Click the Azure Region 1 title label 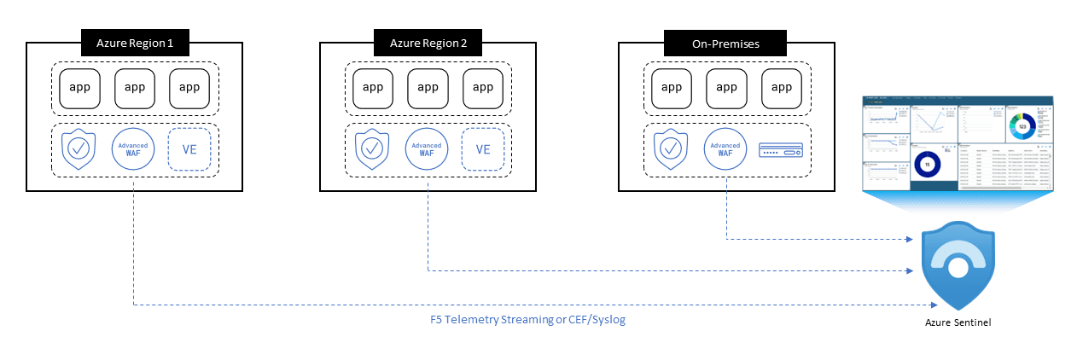click(134, 42)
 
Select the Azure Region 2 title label click(428, 42)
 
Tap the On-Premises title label click(726, 42)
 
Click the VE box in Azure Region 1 click(189, 150)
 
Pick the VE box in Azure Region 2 click(483, 150)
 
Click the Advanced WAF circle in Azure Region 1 click(134, 150)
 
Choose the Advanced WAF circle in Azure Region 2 click(428, 150)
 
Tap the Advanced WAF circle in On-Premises click(726, 150)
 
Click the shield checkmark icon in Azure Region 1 click(79, 149)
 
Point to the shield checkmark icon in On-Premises click(672, 149)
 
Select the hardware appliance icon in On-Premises click(782, 151)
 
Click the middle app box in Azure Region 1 click(135, 87)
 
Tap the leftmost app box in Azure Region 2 click(373, 87)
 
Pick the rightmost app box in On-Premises click(782, 87)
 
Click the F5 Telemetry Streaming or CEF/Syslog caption click(521, 320)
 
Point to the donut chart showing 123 click(1022, 126)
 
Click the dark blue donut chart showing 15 click(927, 165)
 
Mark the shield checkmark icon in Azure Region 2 click(373, 149)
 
